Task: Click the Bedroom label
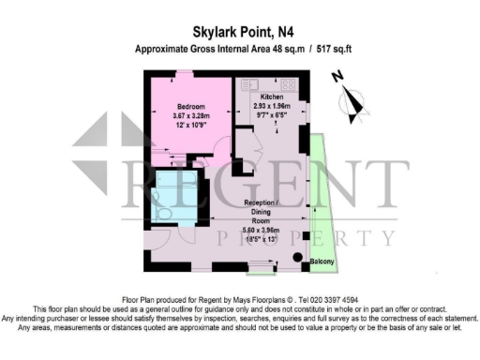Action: click(192, 106)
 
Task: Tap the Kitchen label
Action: click(273, 97)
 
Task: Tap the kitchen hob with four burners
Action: click(288, 85)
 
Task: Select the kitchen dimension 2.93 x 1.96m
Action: click(273, 107)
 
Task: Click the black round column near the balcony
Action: click(297, 257)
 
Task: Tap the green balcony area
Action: click(321, 206)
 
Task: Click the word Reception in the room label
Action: click(257, 202)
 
